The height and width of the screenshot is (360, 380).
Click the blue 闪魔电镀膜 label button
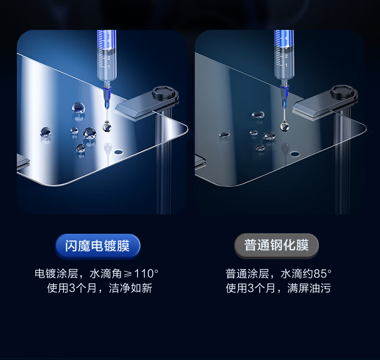tap(98, 246)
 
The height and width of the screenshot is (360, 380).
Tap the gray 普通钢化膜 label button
tap(277, 245)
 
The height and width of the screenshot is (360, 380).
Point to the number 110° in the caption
tap(146, 274)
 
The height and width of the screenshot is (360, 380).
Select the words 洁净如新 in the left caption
tap(131, 288)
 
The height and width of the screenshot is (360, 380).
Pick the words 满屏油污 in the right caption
tap(309, 288)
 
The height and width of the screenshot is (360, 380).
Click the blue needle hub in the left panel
tap(107, 97)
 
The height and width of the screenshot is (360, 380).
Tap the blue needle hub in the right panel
tap(284, 96)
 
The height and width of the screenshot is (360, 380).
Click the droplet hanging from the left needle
tap(107, 126)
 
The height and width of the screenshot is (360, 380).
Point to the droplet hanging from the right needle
tap(284, 126)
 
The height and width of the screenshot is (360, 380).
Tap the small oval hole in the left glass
tap(118, 152)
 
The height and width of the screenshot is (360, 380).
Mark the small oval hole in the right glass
tap(295, 154)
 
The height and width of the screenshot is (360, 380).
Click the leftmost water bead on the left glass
tap(46, 132)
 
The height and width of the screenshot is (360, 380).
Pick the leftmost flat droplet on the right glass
tap(225, 135)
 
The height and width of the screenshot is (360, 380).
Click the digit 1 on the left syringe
tap(109, 67)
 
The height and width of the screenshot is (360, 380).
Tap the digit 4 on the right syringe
tap(286, 39)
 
